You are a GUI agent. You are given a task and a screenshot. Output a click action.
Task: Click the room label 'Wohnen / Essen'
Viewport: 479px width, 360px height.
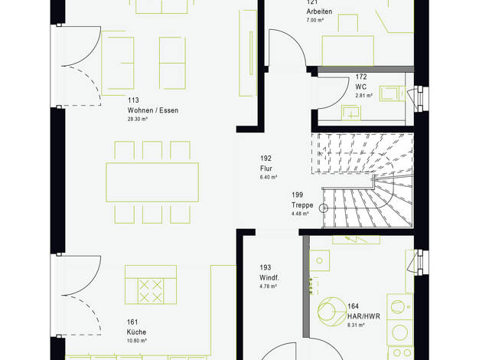[x=153, y=110]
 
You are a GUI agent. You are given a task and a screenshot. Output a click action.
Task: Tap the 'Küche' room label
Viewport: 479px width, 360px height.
[x=136, y=332]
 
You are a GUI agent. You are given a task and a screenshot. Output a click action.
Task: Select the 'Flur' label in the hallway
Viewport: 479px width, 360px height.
[x=266, y=169]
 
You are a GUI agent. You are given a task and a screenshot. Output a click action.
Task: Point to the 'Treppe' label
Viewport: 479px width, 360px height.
[x=302, y=205]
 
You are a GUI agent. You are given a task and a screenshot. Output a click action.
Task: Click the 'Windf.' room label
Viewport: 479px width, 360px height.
[x=269, y=278]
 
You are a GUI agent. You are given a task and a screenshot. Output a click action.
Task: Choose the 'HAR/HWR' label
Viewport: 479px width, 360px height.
[x=363, y=316]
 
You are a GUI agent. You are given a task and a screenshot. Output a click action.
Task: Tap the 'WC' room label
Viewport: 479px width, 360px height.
[x=360, y=87]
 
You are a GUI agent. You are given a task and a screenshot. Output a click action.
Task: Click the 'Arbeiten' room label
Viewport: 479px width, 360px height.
[x=319, y=11]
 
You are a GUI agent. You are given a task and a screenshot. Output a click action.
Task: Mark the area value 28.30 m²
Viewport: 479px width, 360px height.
[x=138, y=119]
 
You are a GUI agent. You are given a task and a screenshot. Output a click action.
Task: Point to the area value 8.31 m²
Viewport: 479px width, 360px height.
[x=356, y=325]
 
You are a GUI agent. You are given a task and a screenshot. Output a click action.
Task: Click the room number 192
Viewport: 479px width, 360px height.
[x=266, y=158]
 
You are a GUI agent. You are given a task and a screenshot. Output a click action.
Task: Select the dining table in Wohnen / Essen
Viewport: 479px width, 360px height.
[x=152, y=182]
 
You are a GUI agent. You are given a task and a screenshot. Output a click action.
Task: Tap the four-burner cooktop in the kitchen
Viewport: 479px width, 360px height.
[x=151, y=291]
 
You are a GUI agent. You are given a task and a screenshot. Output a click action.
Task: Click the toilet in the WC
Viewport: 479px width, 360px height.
[x=393, y=93]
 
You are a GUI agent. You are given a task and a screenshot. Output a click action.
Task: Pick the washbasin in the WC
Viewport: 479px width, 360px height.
[x=351, y=113]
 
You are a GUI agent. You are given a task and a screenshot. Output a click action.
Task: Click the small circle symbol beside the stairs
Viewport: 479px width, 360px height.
[x=323, y=208]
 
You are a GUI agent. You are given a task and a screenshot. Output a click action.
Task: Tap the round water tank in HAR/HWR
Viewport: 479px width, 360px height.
[x=331, y=312]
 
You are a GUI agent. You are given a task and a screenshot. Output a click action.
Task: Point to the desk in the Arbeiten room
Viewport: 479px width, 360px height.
[x=348, y=51]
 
